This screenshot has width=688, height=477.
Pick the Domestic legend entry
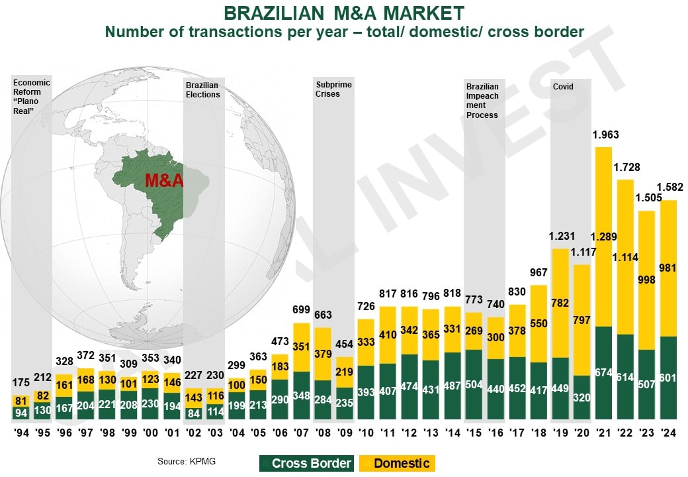[x=397, y=463]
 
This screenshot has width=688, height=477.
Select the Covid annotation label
[x=562, y=87]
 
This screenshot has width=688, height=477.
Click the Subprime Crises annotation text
[x=333, y=89]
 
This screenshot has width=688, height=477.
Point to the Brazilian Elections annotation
[x=202, y=90]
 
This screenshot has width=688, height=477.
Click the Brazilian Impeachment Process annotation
[x=483, y=101]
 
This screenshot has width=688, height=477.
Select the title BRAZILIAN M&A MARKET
[x=343, y=13]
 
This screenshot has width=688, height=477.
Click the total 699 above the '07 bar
[x=302, y=309]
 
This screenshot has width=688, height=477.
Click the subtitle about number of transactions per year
[x=343, y=32]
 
